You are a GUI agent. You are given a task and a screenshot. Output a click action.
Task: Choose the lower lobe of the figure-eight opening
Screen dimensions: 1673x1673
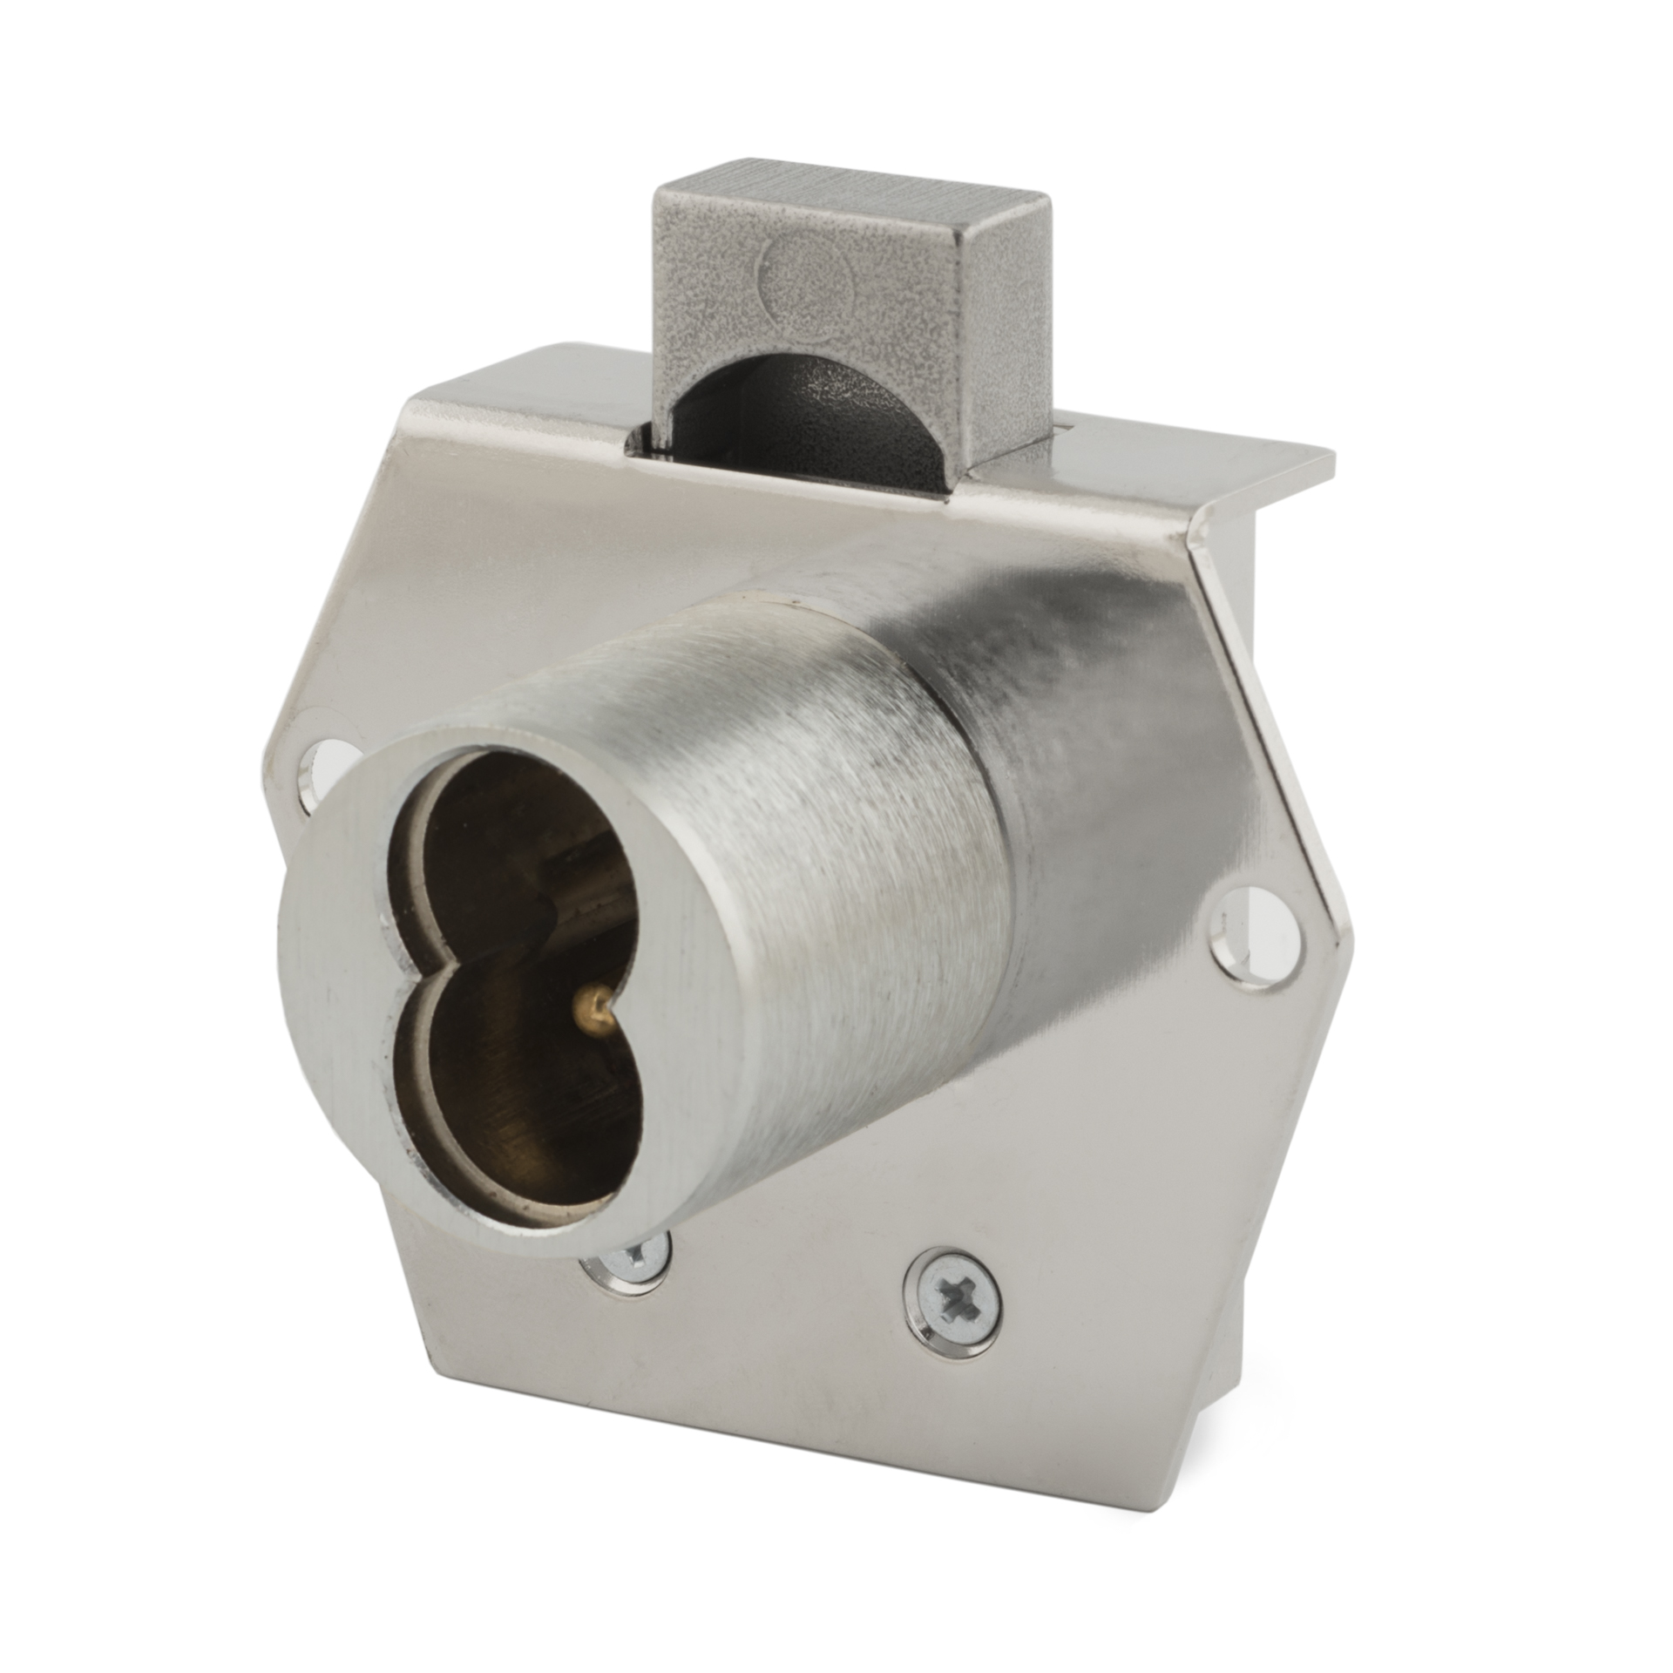[x=514, y=1098]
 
